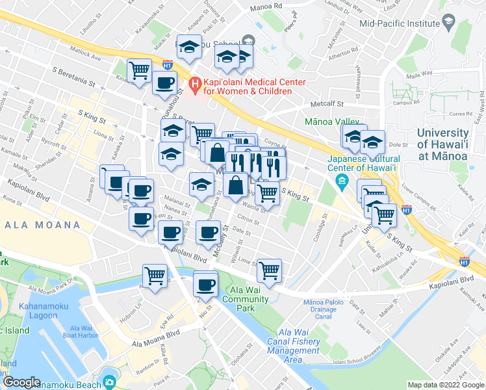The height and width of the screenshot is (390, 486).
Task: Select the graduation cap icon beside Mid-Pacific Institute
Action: pos(448,23)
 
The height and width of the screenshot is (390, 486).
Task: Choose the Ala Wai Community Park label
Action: pos(246,300)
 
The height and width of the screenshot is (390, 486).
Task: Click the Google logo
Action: pos(21,382)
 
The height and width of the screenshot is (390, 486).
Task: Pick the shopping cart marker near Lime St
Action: pos(269,270)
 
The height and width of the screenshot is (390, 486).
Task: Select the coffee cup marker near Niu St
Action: pos(206,285)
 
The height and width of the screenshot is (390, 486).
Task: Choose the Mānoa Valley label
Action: pos(332,122)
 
